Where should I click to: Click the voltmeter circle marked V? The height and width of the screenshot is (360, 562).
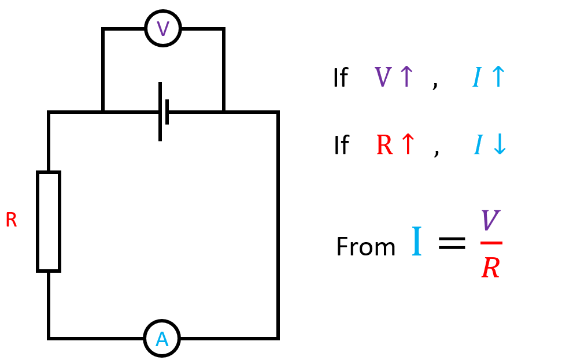point(163,28)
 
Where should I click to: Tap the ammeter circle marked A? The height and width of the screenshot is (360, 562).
point(162,339)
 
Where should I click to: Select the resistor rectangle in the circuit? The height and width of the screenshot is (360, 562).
point(49,221)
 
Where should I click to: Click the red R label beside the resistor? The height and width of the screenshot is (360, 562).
point(11,220)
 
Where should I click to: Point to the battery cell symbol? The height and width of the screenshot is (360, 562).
point(163,112)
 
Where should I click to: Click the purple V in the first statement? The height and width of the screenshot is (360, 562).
point(383,77)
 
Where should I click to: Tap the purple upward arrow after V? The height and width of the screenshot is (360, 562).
point(406,77)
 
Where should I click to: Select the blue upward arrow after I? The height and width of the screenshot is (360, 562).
point(497,77)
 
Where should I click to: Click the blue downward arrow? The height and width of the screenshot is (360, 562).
point(499,145)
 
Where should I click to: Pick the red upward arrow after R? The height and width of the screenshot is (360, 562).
point(408,145)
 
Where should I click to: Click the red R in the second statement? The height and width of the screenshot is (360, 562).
point(384,146)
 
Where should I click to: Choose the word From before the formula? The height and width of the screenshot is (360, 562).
point(365,247)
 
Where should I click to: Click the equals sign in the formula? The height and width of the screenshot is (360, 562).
point(451,242)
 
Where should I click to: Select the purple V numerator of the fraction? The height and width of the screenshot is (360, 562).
point(490,221)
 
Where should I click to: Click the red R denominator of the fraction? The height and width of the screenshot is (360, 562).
point(491,268)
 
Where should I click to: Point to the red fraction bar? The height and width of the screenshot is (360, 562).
point(491,243)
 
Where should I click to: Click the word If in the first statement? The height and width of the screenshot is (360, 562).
point(340,78)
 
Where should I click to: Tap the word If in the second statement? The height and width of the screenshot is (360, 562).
point(341,146)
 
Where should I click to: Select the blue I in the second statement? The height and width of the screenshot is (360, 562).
point(478,146)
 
